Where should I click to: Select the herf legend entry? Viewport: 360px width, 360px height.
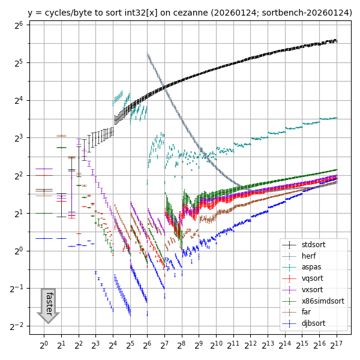pos(309,256)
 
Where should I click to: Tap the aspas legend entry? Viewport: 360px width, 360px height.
pos(311,268)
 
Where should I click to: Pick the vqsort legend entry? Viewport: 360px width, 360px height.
pos(313,278)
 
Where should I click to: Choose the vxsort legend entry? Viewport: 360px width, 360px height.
pos(313,290)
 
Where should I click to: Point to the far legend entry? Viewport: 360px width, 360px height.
pos(306,312)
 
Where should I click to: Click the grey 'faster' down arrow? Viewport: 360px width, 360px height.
pos(48,305)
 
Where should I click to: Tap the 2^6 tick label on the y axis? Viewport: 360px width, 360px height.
pos(17,25)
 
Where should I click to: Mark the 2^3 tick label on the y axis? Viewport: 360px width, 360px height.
pos(17,138)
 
